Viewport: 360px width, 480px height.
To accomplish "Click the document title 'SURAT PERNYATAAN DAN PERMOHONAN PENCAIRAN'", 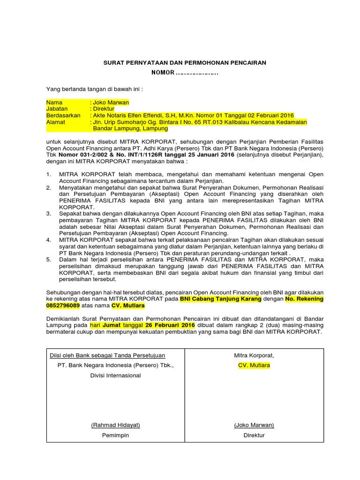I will [185, 62].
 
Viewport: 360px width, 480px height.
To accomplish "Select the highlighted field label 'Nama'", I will [54, 102].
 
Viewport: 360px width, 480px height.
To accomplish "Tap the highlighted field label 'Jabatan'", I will [57, 109].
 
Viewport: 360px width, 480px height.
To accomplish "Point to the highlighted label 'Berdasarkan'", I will [63, 115].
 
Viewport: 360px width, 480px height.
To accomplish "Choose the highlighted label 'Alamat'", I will [55, 122].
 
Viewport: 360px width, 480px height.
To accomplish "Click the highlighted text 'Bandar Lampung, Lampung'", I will [127, 128].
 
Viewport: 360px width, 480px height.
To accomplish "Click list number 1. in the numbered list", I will [48, 174].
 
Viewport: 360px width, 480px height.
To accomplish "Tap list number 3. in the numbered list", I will [48, 214].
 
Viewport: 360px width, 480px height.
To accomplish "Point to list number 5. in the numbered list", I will [48, 259].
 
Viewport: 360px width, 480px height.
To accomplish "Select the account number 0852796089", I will [63, 306].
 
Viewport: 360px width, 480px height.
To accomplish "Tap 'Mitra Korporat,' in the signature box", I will [254, 356].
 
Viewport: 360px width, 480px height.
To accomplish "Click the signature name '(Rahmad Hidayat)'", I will [116, 425].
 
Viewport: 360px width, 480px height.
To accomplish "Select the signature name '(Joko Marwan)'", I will [254, 425].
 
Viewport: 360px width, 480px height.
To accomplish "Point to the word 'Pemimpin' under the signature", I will [116, 435].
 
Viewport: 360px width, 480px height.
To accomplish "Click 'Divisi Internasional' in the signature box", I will [115, 375].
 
